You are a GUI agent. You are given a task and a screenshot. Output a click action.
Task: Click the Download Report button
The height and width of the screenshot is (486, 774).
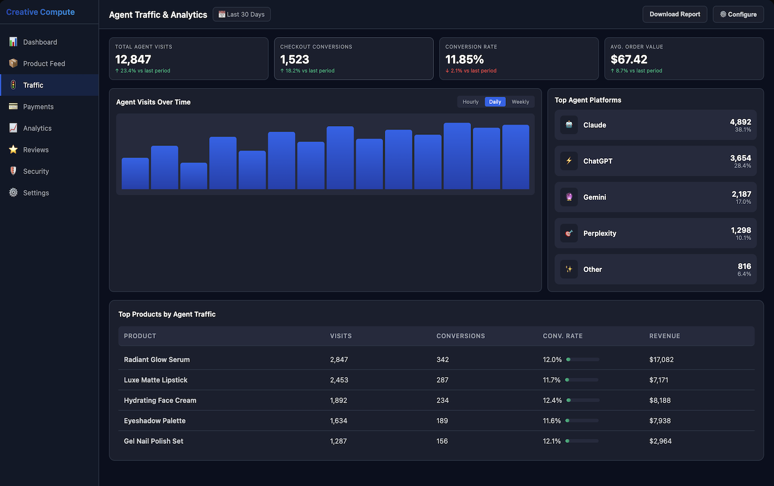tap(674, 14)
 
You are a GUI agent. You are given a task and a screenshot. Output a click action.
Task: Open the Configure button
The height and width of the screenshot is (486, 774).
tap(738, 14)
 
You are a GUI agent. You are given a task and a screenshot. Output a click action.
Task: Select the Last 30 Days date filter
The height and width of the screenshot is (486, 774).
tap(242, 14)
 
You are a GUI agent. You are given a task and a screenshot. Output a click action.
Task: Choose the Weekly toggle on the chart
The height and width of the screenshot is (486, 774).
tap(520, 102)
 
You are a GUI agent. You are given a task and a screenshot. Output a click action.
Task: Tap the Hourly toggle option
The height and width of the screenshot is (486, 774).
tap(470, 102)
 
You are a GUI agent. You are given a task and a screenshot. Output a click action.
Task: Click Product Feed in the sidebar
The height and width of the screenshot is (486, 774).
tap(44, 64)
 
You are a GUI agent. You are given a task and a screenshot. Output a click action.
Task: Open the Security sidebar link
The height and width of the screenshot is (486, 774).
tap(36, 171)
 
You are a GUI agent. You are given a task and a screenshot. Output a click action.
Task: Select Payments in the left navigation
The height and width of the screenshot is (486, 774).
tap(38, 107)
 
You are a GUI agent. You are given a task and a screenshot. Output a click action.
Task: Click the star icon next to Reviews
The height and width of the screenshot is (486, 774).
tap(13, 150)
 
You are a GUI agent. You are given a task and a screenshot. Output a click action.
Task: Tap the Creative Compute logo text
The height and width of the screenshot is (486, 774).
tap(40, 12)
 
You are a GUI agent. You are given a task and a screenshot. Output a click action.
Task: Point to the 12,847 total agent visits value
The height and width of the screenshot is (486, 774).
tap(133, 59)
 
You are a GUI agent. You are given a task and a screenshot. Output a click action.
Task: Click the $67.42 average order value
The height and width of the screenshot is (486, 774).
tap(629, 59)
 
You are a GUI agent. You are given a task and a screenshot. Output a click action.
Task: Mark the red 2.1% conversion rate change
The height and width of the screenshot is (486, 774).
tap(471, 71)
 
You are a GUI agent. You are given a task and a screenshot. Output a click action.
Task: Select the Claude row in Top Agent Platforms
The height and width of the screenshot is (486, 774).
tap(655, 125)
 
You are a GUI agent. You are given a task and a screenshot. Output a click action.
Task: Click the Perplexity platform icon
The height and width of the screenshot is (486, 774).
tap(569, 233)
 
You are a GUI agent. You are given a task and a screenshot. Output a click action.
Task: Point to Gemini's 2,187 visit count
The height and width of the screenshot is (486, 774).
tap(741, 194)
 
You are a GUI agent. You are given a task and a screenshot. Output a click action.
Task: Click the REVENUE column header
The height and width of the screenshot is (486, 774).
tap(665, 336)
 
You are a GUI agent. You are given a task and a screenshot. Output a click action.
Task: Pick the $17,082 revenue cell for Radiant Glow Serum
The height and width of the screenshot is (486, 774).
tap(661, 359)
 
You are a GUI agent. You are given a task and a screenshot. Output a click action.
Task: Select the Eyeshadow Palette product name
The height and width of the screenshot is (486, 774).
tap(155, 421)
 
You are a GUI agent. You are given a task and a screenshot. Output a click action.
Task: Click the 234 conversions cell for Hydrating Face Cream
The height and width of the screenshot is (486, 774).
tap(442, 400)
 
